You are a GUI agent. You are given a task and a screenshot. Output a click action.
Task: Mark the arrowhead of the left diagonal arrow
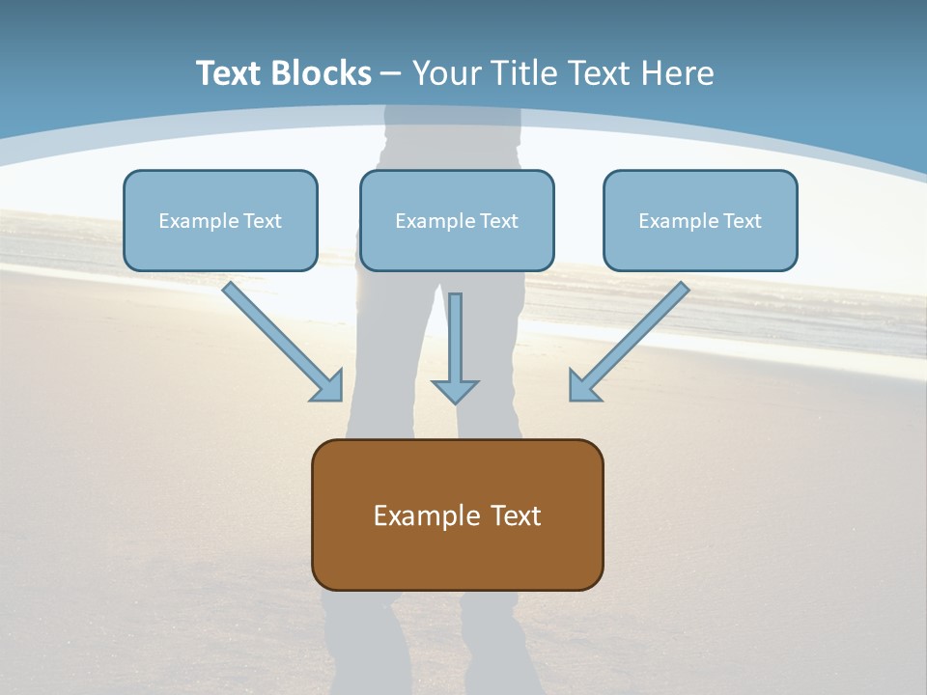coord(328,386)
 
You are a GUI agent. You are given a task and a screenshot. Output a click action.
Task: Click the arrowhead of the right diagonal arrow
coord(584,386)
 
